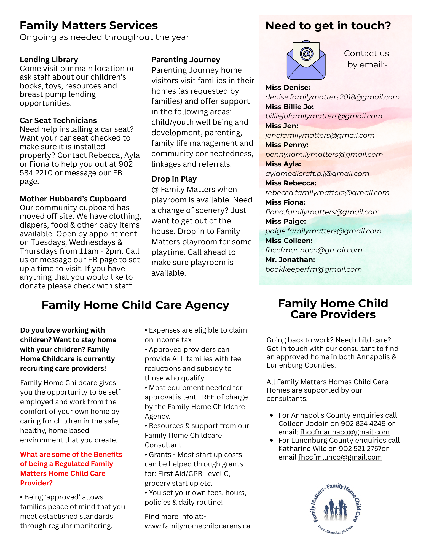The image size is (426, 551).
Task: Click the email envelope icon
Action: pos(306,60)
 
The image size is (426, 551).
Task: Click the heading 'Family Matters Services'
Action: pos(89,26)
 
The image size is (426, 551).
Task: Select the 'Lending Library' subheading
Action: pos(49,60)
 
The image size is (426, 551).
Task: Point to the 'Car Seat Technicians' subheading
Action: pos(58,121)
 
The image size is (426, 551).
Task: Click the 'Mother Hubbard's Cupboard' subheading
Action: pos(73,199)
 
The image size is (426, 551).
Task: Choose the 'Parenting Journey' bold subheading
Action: pos(186,60)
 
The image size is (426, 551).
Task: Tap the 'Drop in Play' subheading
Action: pos(174,179)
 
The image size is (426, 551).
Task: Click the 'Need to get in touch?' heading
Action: pos(328,26)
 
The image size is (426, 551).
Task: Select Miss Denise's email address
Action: pos(332,97)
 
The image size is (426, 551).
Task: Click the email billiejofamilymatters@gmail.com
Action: pos(324,116)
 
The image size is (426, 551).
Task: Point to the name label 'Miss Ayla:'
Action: pos(283,164)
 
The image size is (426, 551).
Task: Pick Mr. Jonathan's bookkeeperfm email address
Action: pos(314,269)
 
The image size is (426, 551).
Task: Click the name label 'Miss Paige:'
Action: pos(285,222)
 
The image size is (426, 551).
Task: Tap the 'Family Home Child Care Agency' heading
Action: pos(135,305)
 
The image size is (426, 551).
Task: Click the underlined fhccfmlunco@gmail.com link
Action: pos(340,457)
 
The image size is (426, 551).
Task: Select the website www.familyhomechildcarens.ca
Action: pos(197,526)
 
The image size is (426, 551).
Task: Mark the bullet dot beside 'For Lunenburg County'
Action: pos(272,441)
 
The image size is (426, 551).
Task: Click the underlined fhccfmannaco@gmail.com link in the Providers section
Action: pos(345,432)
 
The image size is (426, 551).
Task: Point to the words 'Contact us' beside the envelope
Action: pos(366,53)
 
